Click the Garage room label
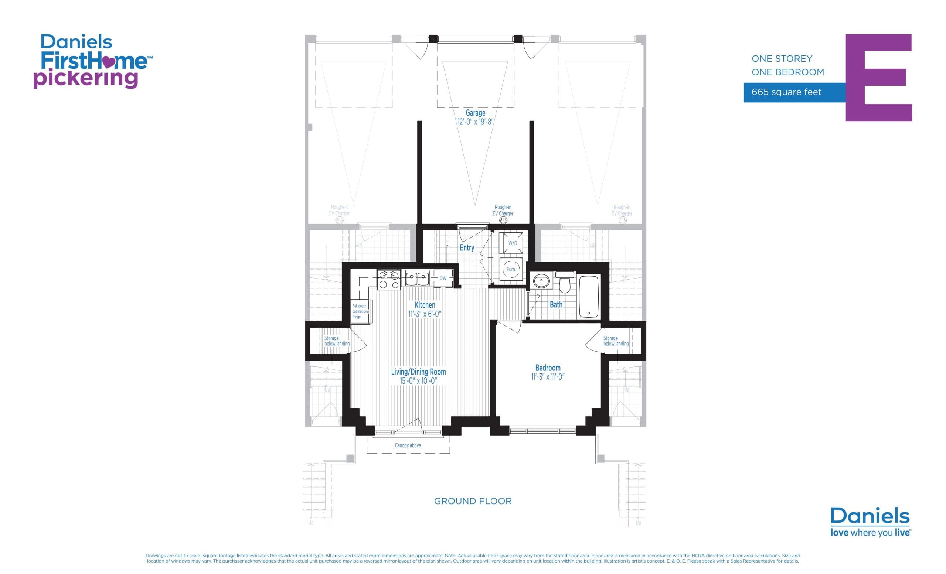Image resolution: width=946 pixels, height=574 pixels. (x=475, y=113)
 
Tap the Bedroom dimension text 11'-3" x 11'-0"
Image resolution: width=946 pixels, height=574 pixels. (x=548, y=377)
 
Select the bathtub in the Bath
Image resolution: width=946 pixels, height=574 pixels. (x=589, y=296)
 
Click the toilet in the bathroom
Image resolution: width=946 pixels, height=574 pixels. (x=564, y=283)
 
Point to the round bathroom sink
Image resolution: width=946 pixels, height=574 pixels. (x=541, y=281)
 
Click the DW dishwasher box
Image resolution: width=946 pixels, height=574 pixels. (x=443, y=278)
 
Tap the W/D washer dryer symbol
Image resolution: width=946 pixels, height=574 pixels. (x=512, y=243)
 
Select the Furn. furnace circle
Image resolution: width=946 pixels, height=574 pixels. (x=511, y=269)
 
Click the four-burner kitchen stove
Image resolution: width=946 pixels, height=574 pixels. (x=388, y=279)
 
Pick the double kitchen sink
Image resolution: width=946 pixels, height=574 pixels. (x=417, y=278)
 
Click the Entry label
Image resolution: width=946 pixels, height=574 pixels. (x=467, y=248)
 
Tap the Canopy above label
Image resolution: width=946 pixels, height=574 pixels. (x=408, y=445)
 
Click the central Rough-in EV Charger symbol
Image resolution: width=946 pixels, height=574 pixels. (x=503, y=220)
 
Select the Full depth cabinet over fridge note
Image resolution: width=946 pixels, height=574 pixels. (x=360, y=311)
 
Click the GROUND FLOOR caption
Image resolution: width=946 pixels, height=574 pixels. (x=473, y=501)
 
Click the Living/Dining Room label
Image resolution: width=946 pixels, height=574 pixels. (x=418, y=372)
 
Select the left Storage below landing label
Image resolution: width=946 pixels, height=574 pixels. (x=336, y=341)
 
